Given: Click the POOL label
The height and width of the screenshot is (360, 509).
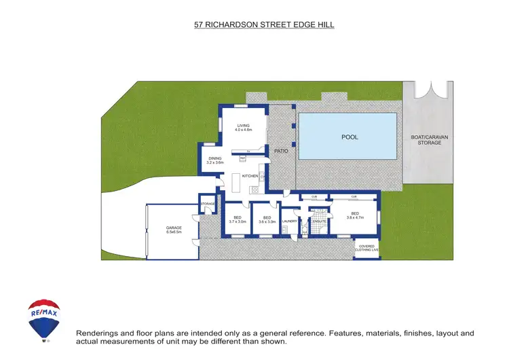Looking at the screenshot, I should pyautogui.click(x=350, y=137).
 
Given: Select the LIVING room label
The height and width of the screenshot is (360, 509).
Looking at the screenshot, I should pyautogui.click(x=244, y=126).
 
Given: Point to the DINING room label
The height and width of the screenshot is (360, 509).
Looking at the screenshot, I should pyautogui.click(x=215, y=159).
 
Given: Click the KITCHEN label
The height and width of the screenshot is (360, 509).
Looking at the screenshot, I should pyautogui.click(x=250, y=177).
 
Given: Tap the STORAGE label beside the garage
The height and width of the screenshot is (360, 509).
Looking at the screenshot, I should pyautogui.click(x=208, y=203).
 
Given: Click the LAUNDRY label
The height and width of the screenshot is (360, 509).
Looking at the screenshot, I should pyautogui.click(x=290, y=221).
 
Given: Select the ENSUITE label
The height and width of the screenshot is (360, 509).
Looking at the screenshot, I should pyautogui.click(x=318, y=221).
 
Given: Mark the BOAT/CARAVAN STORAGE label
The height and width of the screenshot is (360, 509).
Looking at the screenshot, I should pyautogui.click(x=430, y=140).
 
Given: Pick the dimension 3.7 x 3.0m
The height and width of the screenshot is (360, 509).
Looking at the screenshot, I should pyautogui.click(x=238, y=221).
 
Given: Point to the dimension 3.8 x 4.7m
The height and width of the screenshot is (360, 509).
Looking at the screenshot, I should pyautogui.click(x=356, y=218).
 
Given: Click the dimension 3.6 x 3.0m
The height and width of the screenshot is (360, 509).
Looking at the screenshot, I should pyautogui.click(x=267, y=221).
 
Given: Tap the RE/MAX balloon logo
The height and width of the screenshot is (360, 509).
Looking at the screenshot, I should pyautogui.click(x=44, y=319).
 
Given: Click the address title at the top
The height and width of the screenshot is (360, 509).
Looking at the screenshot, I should pyautogui.click(x=264, y=25).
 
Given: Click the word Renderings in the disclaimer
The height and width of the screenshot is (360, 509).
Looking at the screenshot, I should pyautogui.click(x=96, y=334).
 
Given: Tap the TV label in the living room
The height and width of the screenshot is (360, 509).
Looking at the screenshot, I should pyautogui.click(x=249, y=150).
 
